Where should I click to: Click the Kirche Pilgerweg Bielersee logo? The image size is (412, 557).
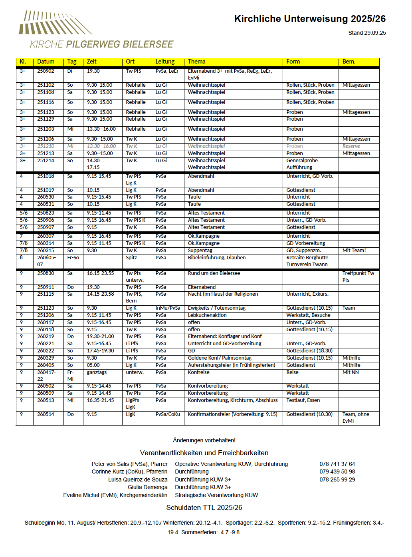click(x=96, y=30)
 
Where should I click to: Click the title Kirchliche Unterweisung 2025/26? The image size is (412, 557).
click(x=310, y=19)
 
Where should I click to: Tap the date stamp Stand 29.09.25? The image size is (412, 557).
click(x=367, y=33)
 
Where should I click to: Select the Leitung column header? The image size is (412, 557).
click(x=165, y=62)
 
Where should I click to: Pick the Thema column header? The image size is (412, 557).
click(x=196, y=62)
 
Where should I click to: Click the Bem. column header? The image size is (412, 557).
click(x=349, y=62)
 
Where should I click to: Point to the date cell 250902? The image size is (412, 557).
click(x=46, y=71)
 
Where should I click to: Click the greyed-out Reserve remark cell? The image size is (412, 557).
click(x=351, y=146)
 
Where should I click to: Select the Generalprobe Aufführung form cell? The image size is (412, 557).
click(x=302, y=164)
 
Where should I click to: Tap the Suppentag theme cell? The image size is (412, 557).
click(x=200, y=251)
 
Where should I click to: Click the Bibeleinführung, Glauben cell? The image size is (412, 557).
click(x=217, y=258)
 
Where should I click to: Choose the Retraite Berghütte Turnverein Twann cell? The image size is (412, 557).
click(x=307, y=261)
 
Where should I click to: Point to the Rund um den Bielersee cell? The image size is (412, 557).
click(x=214, y=273)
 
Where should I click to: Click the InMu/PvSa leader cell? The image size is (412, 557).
click(x=168, y=308)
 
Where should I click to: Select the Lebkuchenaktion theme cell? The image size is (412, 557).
click(x=207, y=315)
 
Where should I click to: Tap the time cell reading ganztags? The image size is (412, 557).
click(x=97, y=372)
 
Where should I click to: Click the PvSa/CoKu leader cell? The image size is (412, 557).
click(x=168, y=414)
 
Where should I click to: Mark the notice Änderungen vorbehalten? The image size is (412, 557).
click(x=204, y=440)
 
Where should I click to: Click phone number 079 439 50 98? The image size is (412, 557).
click(x=337, y=471)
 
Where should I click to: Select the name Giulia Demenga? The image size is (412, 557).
click(x=147, y=487)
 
